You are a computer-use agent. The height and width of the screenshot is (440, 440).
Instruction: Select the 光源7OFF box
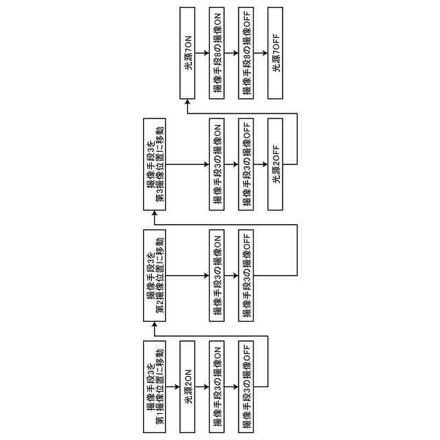coord(276,52)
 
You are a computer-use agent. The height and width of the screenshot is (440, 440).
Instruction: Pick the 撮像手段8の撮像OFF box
coord(246,52)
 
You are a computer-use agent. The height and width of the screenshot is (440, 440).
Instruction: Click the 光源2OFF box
coord(276,164)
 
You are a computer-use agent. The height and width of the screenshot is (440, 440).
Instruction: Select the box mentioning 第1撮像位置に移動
coord(155,386)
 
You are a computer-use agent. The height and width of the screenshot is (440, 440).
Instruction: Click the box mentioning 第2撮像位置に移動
coord(155,276)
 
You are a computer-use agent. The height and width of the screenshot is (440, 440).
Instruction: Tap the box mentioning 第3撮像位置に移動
coord(155,164)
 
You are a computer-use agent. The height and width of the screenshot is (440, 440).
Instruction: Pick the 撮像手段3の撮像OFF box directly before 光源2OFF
coord(246,164)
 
